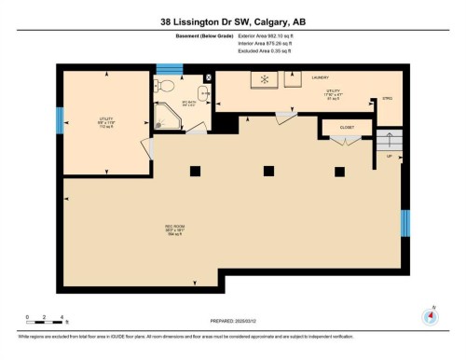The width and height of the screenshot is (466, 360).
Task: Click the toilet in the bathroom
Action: pos(165,85)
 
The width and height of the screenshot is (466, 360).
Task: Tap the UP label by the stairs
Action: pos(389,157)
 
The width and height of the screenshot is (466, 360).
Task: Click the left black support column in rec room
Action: pos(195,170)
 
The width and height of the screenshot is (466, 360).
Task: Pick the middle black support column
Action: pos(268,170)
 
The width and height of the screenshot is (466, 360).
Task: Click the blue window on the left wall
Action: pos(60,120)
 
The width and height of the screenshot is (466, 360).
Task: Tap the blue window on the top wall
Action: pos(168,68)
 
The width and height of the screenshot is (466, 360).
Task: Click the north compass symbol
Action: pos(430,314)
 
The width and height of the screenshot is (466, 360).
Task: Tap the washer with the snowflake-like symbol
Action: pos(264,79)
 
